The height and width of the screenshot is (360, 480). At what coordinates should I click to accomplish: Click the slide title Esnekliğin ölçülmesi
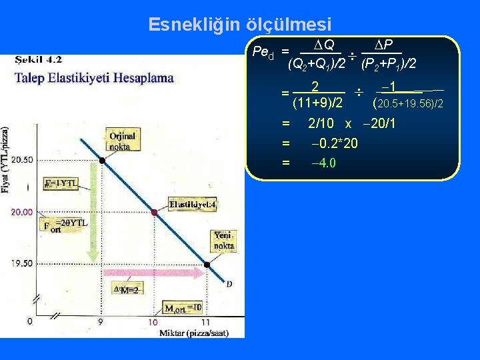(x=239, y=25)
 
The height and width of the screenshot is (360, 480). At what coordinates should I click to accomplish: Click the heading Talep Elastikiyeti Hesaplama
(x=94, y=77)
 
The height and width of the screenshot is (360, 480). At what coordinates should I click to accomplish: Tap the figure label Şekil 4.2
(x=39, y=59)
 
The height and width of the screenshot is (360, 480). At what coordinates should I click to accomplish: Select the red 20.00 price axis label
(x=22, y=212)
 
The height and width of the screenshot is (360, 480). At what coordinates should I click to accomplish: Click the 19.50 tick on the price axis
(x=22, y=263)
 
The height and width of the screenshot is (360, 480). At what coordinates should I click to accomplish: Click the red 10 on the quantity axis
(x=153, y=322)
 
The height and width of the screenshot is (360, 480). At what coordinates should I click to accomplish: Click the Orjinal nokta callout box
(x=122, y=141)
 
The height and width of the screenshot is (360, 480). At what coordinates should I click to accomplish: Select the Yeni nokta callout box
(x=223, y=240)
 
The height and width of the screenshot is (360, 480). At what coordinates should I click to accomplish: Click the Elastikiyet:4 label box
(x=193, y=205)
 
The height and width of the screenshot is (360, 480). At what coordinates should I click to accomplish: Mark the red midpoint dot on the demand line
(x=154, y=212)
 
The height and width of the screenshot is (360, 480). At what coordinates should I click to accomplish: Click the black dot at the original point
(x=102, y=160)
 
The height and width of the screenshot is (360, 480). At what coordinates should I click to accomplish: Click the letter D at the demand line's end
(x=229, y=284)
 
